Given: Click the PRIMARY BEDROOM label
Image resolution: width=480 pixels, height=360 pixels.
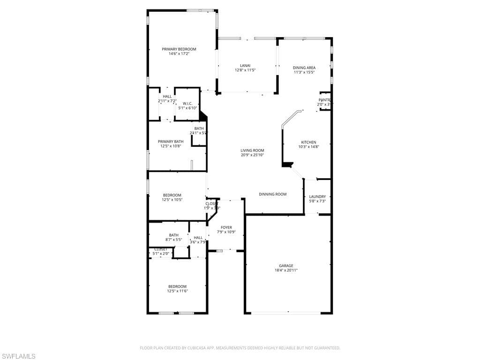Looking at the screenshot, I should tap(179, 49).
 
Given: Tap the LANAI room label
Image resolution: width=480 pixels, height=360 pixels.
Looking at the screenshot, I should tap(245, 65).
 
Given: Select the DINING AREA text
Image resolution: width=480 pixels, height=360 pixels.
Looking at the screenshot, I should tap(304, 67).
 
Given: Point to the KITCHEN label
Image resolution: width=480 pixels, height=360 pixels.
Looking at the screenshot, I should tap(308, 142).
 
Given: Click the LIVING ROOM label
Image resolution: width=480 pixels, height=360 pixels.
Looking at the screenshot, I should tap(252, 150).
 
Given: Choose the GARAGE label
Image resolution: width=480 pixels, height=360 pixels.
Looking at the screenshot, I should tap(286, 265).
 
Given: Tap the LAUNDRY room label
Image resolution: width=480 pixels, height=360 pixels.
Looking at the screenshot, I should tap(317, 196).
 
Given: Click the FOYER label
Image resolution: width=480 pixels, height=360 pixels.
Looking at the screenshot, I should tap(226, 227).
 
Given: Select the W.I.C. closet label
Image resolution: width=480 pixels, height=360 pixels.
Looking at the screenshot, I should tap(187, 103).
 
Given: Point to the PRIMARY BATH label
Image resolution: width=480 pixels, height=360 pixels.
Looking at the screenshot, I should tap(171, 141).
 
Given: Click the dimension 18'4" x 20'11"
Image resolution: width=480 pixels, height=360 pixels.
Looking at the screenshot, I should tap(286, 270).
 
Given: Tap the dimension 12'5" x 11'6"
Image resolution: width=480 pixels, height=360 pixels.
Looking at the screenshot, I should tap(177, 291).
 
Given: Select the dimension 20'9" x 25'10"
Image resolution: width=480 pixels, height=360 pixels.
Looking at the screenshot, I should tap(252, 155).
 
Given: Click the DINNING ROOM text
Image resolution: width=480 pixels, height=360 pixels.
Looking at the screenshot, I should tap(273, 194).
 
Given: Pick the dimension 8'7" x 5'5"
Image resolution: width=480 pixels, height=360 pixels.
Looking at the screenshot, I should tap(173, 240).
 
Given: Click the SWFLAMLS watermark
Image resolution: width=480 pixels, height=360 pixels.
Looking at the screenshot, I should tap(19, 356).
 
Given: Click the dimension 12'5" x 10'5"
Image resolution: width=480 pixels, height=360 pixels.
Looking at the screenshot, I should tap(172, 200).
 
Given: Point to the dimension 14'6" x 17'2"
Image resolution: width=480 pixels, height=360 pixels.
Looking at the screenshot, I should tap(179, 53).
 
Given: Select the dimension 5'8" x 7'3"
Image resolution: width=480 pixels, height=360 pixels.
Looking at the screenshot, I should tap(317, 201).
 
